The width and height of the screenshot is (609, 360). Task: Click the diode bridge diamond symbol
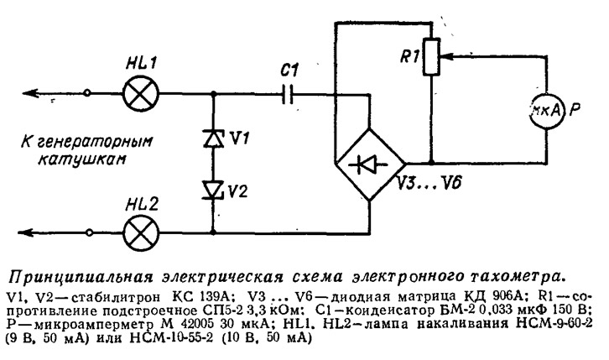pyautogui.click(x=367, y=163)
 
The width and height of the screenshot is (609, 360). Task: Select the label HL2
pyautogui.click(x=138, y=201)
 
